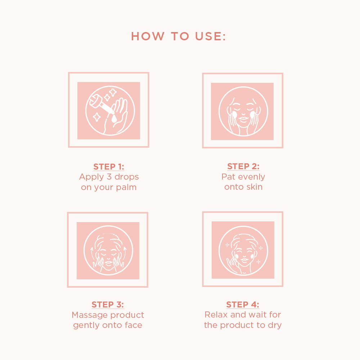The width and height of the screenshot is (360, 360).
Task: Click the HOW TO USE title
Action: pos(179,36)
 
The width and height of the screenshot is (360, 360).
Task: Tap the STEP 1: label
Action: pos(109,167)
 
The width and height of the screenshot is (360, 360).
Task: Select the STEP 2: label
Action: pos(243,166)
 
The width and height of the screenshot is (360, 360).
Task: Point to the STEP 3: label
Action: pos(108,305)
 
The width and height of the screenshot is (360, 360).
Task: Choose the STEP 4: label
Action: pos(243,305)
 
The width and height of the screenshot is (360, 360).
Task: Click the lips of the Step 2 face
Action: pos(243,118)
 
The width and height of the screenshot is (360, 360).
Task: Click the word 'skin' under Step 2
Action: pos(254,187)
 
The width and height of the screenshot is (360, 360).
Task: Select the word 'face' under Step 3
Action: pos(133,325)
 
